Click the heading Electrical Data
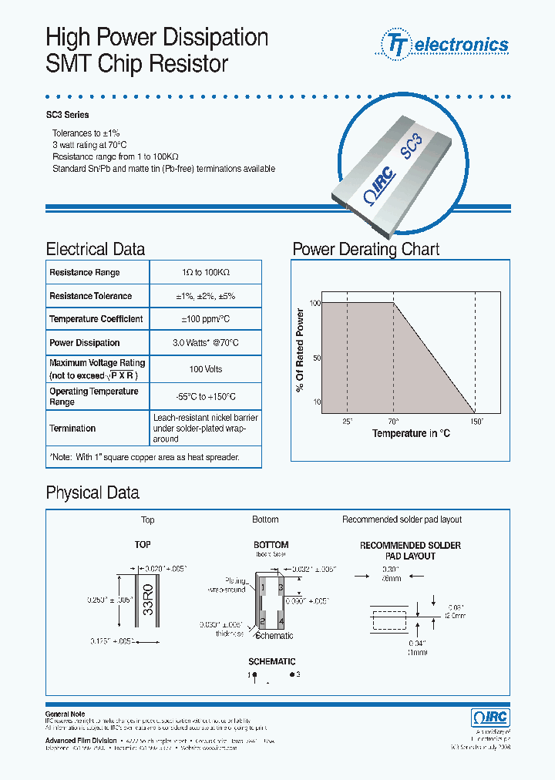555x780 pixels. [x=96, y=249]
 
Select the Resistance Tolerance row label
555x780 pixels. [x=90, y=296]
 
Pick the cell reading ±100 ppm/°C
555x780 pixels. [x=206, y=319]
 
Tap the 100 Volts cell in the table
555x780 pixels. [x=206, y=369]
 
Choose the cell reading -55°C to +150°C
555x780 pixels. [x=206, y=396]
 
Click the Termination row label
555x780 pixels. [x=72, y=429]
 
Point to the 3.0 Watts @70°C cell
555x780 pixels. [x=206, y=343]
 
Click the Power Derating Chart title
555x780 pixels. [x=366, y=249]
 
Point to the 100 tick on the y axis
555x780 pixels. [x=314, y=303]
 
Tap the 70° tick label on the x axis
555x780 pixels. [x=393, y=422]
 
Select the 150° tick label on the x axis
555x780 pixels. [x=476, y=422]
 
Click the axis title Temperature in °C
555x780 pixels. [x=411, y=433]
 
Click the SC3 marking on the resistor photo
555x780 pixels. [x=412, y=144]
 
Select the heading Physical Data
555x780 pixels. [x=92, y=493]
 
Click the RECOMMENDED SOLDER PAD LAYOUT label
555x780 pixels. [x=410, y=550]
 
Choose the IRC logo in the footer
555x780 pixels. [x=489, y=717]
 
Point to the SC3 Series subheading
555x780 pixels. [x=70, y=115]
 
